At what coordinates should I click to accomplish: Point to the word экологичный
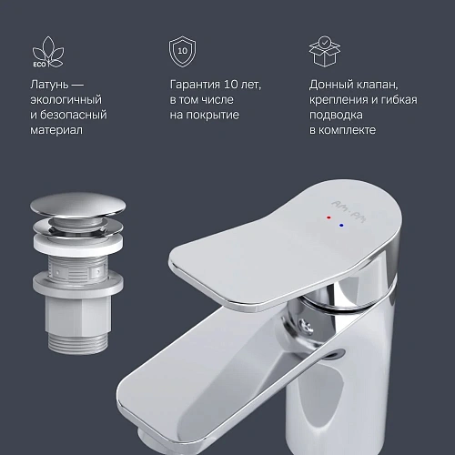[x=66, y=100]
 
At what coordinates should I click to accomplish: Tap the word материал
[x=57, y=131]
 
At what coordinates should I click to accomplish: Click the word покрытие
[x=215, y=116]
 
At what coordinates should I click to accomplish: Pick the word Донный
[x=330, y=85]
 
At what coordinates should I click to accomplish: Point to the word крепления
[x=342, y=100]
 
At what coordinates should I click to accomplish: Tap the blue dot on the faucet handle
[x=340, y=225]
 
